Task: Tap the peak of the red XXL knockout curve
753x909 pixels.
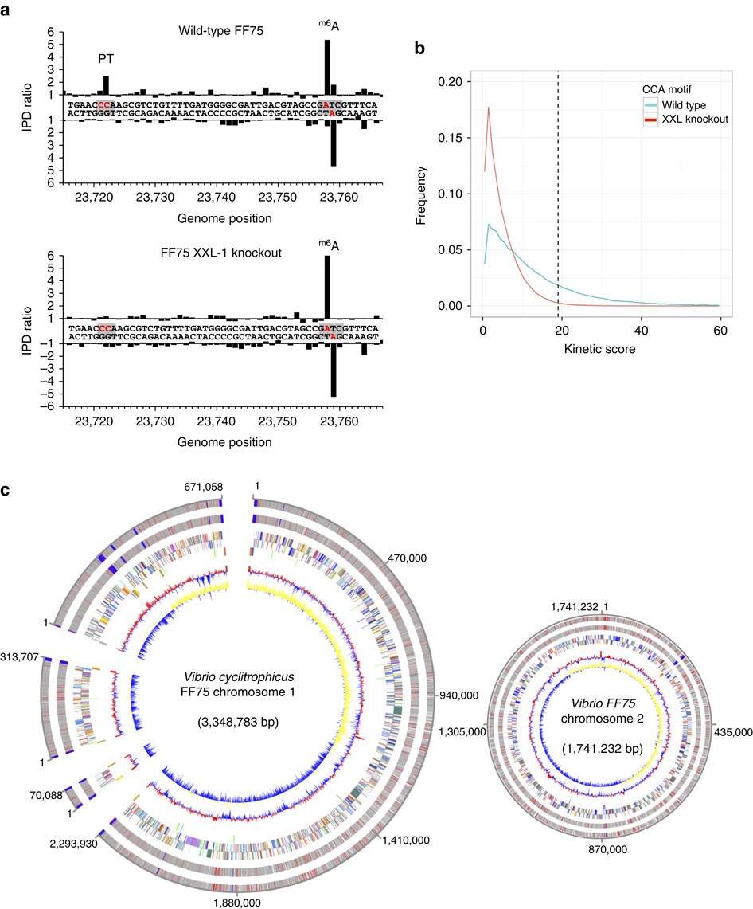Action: (x=488, y=108)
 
